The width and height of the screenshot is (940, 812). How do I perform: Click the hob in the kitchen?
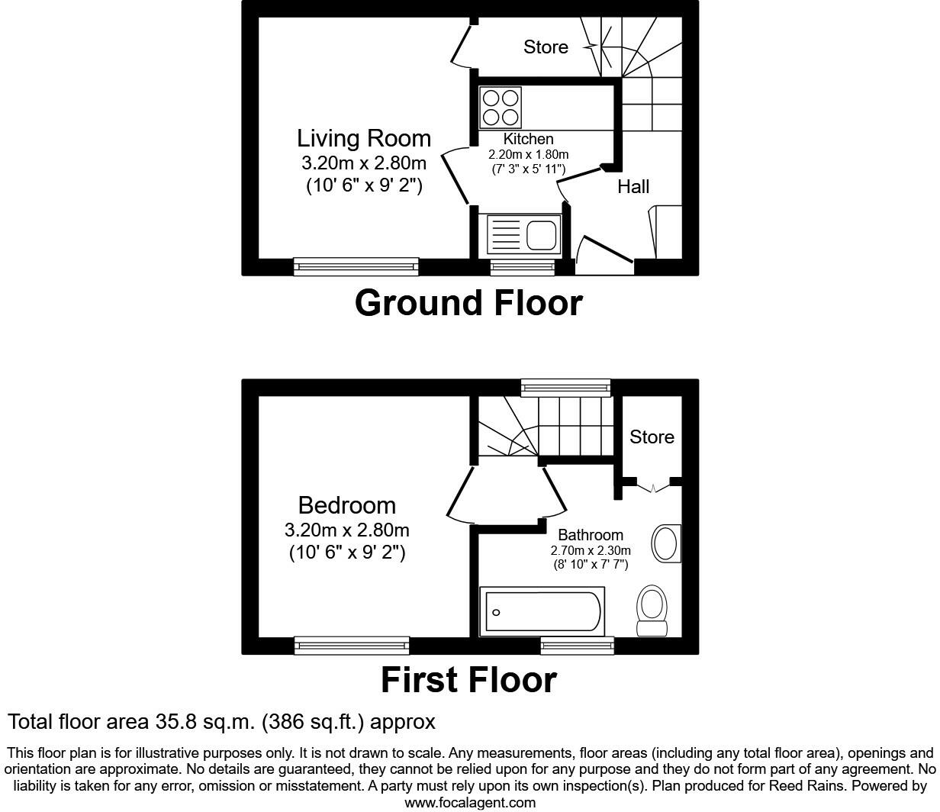[x=500, y=108]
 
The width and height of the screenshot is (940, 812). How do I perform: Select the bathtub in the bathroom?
[x=542, y=611]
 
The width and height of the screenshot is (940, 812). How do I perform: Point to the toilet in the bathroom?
[x=652, y=611]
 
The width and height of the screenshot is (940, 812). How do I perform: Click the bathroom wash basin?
[x=666, y=543]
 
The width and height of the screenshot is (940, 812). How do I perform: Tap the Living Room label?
[x=364, y=138]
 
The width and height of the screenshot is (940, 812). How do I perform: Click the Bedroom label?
[x=347, y=505]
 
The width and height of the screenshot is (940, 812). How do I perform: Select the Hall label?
[x=633, y=186]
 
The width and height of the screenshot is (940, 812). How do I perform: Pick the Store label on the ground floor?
[x=546, y=47]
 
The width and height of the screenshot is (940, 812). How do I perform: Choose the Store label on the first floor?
[x=652, y=437]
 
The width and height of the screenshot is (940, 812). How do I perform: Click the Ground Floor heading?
[x=468, y=303]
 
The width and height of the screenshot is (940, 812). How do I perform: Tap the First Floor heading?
[x=469, y=680]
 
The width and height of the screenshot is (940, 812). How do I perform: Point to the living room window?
[x=356, y=266]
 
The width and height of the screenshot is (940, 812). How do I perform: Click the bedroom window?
[x=352, y=646]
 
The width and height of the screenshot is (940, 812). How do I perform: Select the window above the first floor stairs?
[x=565, y=388]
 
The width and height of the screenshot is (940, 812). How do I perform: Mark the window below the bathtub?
[x=577, y=646]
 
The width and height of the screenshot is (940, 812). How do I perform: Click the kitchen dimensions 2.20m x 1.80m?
[x=529, y=155]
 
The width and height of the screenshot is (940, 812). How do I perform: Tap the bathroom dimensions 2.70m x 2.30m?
[x=591, y=550]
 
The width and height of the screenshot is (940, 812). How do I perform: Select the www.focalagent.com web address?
[x=470, y=802]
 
